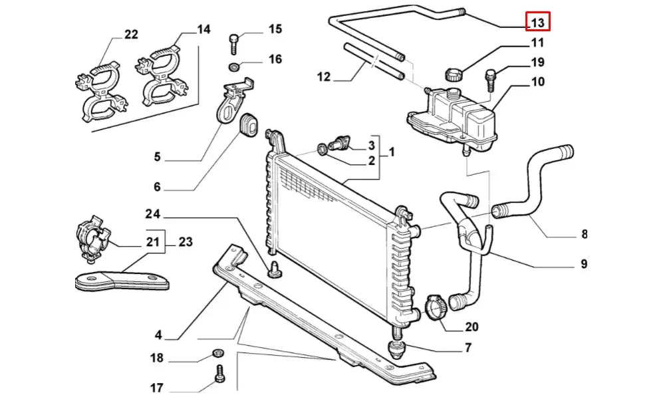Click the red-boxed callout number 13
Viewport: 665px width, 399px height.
tap(537, 22)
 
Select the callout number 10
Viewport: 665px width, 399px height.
tap(537, 82)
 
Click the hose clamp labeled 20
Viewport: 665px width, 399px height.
tap(434, 308)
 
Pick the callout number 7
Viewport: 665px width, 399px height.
tap(468, 347)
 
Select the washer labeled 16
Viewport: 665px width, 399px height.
tap(234, 67)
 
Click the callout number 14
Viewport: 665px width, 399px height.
tap(203, 29)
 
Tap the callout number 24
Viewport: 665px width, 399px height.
tap(154, 214)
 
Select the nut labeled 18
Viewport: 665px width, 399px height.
tap(217, 352)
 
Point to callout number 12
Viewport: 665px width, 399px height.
tap(323, 76)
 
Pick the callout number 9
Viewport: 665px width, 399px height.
tap(583, 264)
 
